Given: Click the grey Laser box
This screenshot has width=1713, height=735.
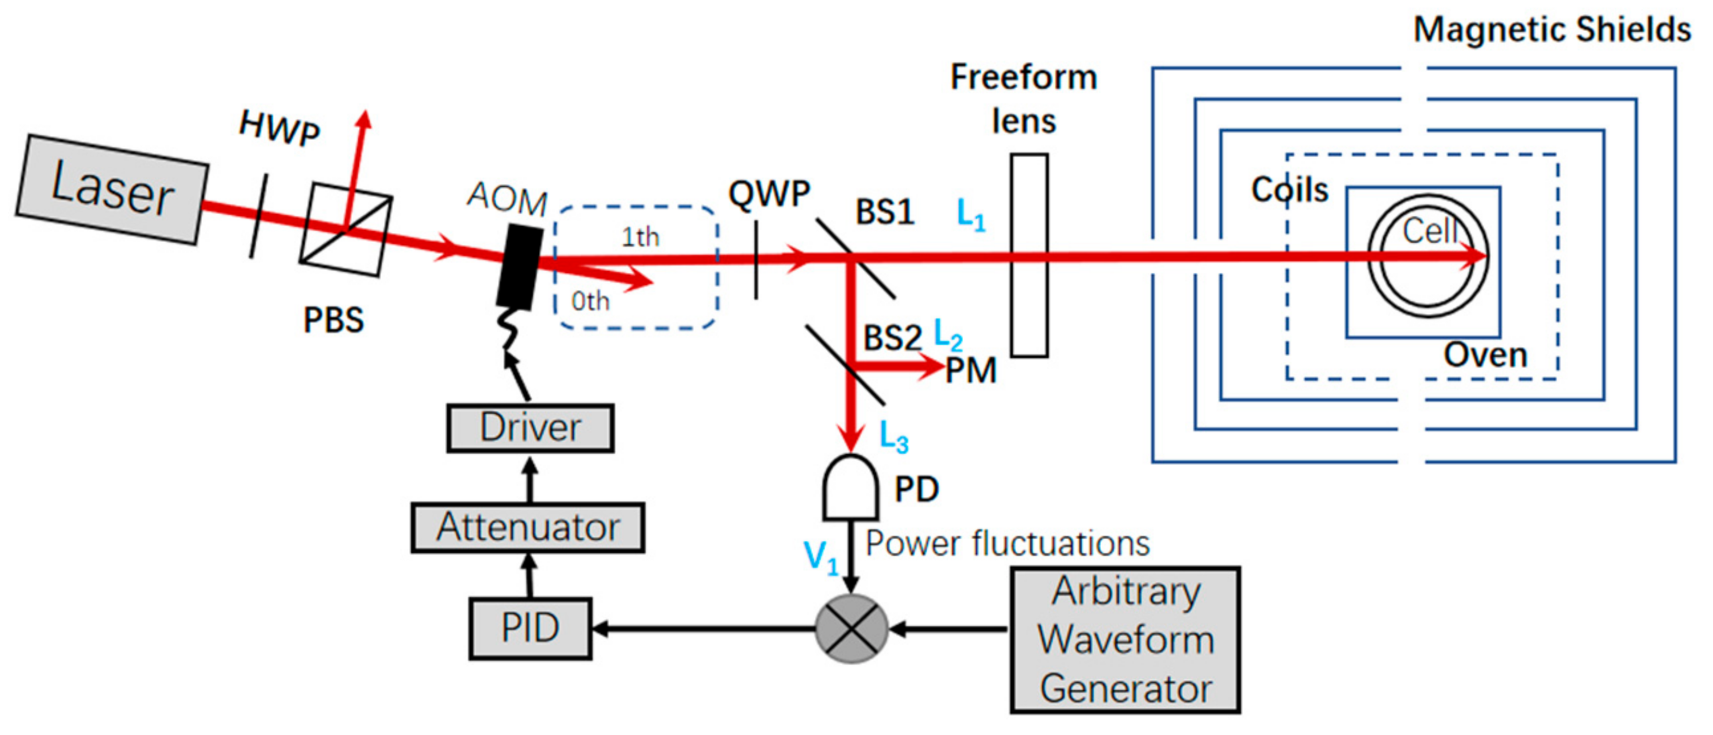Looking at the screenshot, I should coord(112,190).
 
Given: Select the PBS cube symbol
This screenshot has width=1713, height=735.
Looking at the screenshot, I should coord(346,230).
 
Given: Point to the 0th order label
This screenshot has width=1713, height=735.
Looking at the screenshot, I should coord(590,301).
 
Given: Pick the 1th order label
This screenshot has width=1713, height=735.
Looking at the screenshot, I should coord(640,237).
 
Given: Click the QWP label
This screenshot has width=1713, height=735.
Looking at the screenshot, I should coord(770,194).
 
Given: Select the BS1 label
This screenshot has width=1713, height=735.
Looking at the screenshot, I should coord(884,212).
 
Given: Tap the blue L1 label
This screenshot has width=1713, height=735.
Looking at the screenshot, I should coord(971,215).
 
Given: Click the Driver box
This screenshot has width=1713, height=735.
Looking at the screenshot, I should coord(530,428).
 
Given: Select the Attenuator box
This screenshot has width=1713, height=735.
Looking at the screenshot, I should coord(527,527).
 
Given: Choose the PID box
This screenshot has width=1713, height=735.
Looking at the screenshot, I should coord(530,628).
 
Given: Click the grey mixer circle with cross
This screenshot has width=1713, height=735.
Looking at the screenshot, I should coord(851,629).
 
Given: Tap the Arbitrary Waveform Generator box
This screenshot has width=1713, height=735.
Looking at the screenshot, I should coord(1125,640).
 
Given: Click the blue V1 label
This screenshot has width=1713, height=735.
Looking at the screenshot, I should coord(821,557).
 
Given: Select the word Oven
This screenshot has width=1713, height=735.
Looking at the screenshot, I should coord(1485,354).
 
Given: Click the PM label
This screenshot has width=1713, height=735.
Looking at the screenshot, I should coord(971,371).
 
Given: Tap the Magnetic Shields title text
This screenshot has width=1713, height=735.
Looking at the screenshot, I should coord(1551,30).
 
